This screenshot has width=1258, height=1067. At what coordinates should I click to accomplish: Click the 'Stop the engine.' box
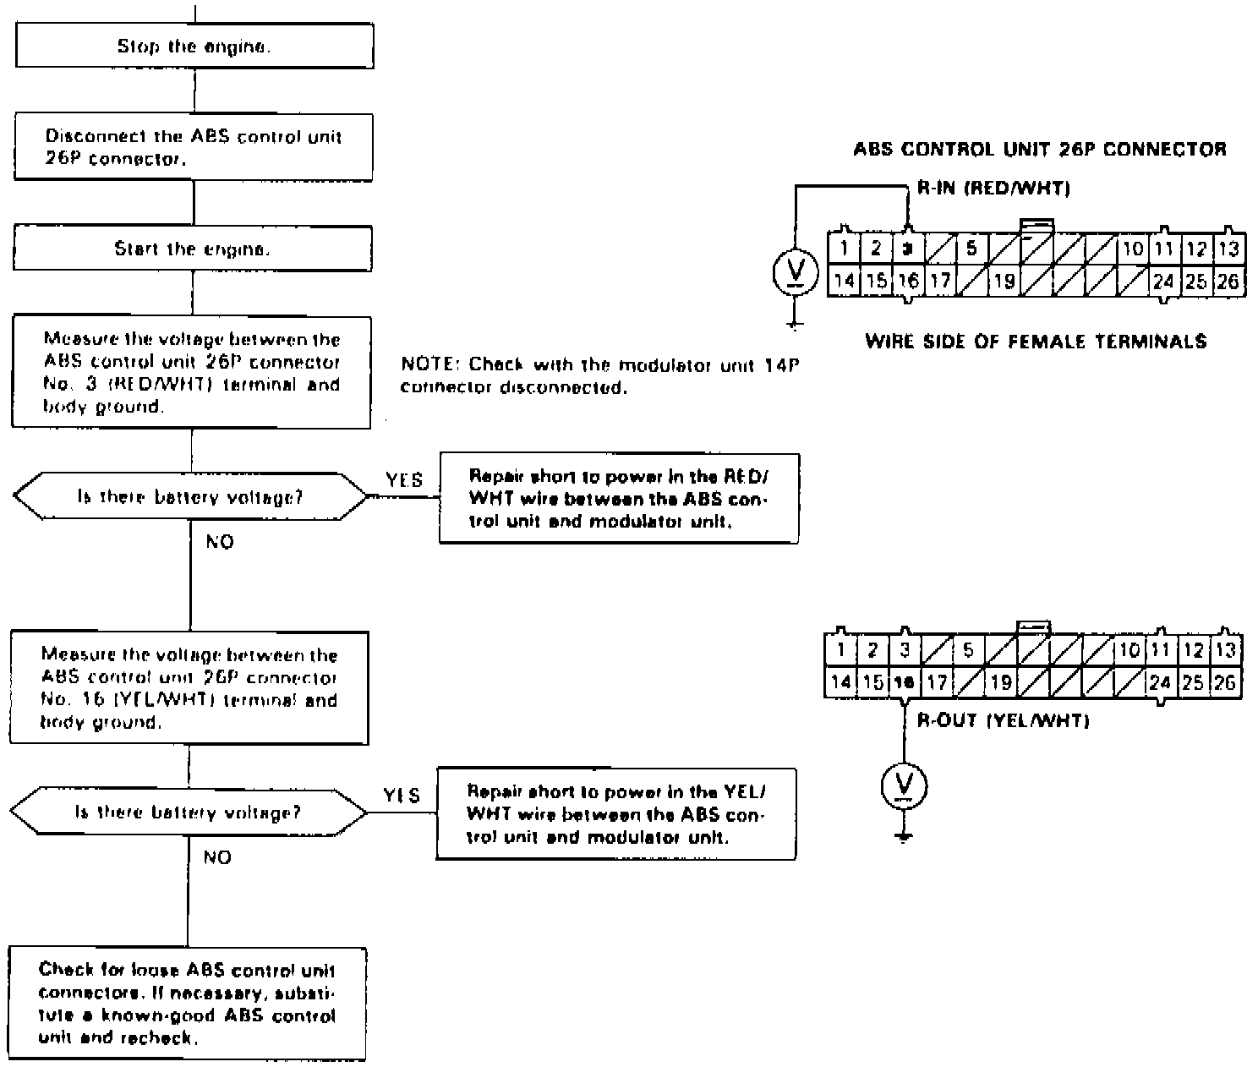[x=194, y=47]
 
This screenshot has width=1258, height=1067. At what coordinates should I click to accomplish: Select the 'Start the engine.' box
[x=193, y=249]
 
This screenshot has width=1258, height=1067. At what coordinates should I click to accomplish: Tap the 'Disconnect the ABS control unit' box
[x=194, y=147]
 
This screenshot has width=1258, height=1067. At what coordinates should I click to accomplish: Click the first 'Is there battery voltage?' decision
[x=191, y=497]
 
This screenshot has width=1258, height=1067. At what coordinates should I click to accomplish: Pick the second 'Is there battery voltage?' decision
[x=188, y=813]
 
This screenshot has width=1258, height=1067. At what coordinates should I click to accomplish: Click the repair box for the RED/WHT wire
[x=619, y=499]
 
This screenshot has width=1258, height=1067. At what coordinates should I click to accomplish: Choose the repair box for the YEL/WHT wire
[x=616, y=814]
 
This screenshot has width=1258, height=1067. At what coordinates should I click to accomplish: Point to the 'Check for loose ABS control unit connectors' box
[x=188, y=1004]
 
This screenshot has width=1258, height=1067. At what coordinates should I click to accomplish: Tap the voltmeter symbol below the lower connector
[x=904, y=786]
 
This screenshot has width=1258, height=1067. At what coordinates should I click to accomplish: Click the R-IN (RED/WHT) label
[x=993, y=189]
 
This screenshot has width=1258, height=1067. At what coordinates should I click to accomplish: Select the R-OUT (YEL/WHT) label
[x=1003, y=721]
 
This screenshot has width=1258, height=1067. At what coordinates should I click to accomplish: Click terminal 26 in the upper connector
[x=1228, y=281]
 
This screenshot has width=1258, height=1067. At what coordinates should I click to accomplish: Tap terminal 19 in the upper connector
[x=1004, y=281]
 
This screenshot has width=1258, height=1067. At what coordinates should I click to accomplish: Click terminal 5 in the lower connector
[x=969, y=650]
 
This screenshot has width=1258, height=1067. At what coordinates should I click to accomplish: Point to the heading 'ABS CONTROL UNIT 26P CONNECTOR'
[x=1039, y=150]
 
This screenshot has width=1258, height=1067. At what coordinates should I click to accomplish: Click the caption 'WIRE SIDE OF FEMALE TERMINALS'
[x=1036, y=342]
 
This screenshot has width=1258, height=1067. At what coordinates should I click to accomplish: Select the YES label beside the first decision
[x=404, y=480]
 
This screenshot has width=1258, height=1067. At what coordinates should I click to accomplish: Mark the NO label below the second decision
[x=217, y=857]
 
